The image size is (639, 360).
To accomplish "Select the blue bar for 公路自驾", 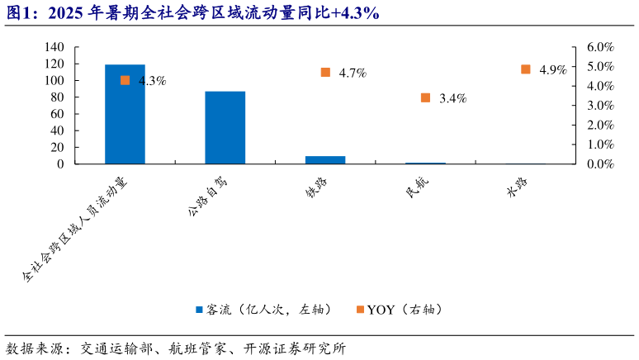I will click(x=225, y=127).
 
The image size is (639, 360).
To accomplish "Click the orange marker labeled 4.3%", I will click(x=125, y=80).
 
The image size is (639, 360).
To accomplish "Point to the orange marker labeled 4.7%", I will click(x=325, y=73).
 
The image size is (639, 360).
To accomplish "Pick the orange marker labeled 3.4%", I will click(x=425, y=97).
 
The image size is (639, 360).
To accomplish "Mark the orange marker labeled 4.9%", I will click(x=526, y=69).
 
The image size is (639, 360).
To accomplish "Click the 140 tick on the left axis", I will click(x=54, y=47).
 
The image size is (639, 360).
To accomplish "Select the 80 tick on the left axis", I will click(x=58, y=97).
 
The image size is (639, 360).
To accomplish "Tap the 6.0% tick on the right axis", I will click(x=600, y=47).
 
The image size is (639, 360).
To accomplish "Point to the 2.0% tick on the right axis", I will click(x=600, y=125).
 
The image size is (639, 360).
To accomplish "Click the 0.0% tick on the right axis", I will click(x=600, y=163).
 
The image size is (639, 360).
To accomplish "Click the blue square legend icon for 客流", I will click(x=199, y=310).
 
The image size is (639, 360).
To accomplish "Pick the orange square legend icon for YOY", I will click(x=359, y=310).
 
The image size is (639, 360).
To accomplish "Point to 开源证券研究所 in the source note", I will click(x=294, y=348).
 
